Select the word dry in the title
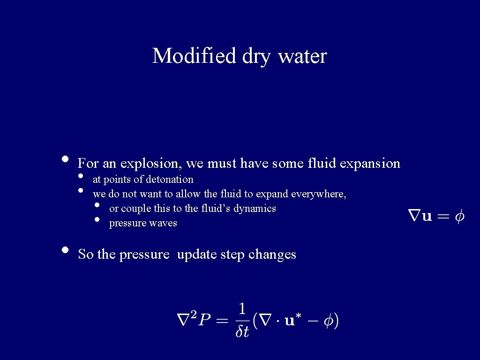click(x=256, y=57)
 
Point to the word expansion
click(x=370, y=164)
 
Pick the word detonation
click(x=170, y=180)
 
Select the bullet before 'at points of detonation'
click(x=81, y=176)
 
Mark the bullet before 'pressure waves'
click(x=97, y=219)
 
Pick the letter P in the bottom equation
click(x=204, y=321)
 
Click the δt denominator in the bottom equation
click(x=242, y=332)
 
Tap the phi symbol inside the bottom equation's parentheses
click(x=328, y=321)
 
